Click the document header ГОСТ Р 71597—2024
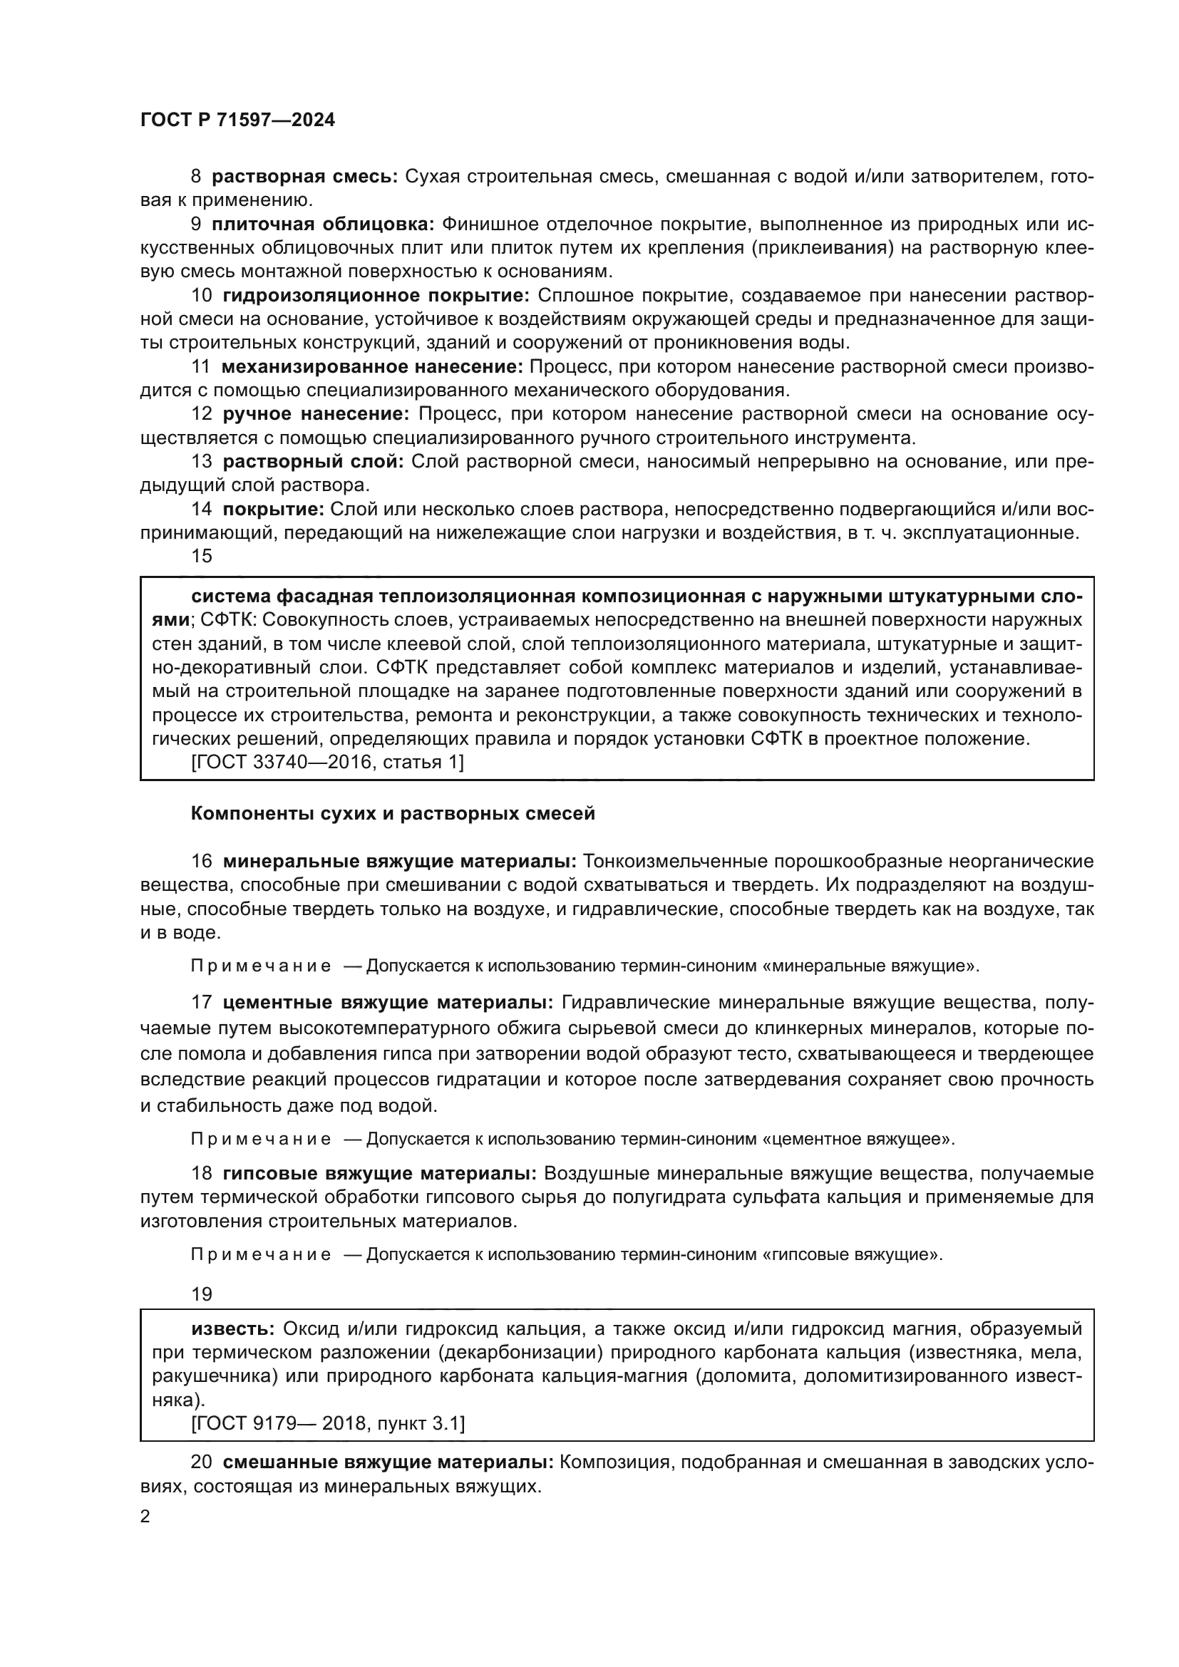coord(237,120)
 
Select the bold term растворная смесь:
coord(304,177)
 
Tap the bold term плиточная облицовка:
coord(322,224)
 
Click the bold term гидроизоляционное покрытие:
coord(376,296)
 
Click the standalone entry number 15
coord(201,556)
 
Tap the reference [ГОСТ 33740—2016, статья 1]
coord(326,763)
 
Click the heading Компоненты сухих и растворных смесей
coord(393,814)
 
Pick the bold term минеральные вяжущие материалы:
coord(399,862)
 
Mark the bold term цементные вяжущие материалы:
coord(388,1003)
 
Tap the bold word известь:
coord(232,1329)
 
